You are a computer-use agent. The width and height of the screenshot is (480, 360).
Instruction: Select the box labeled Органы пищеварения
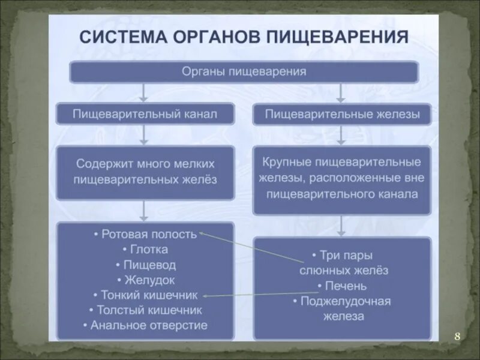coord(244,72)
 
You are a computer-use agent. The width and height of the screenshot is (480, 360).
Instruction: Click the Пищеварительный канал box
coord(145,113)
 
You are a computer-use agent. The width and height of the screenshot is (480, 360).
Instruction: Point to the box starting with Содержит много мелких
coord(145,171)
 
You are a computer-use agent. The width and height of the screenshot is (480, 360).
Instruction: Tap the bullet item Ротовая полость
coord(145,234)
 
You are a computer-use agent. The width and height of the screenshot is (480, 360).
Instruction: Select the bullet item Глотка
coord(145,249)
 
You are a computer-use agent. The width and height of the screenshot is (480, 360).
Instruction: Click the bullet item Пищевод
coord(145,265)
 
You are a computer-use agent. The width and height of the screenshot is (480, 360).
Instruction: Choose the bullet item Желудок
coord(146,280)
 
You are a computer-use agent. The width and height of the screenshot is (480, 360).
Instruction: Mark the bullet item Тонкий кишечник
coord(145,295)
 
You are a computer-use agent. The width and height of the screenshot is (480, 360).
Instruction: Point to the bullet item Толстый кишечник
coord(145,310)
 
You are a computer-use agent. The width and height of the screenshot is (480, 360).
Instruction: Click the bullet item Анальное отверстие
coord(145,326)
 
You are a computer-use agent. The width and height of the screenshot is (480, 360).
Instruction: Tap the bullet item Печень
coord(341,286)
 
